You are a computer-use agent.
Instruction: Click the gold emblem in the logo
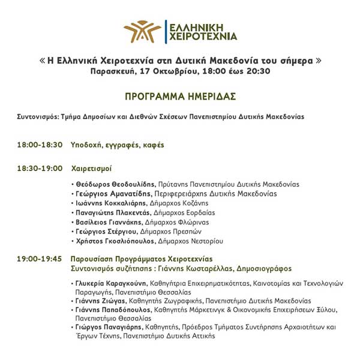pos(142,32)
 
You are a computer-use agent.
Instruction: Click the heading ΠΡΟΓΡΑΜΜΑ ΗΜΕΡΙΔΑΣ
pos(180,96)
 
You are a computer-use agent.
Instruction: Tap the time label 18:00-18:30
pos(40,145)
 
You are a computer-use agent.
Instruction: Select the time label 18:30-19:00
pos(40,169)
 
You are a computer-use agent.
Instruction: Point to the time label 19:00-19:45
pos(40,259)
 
